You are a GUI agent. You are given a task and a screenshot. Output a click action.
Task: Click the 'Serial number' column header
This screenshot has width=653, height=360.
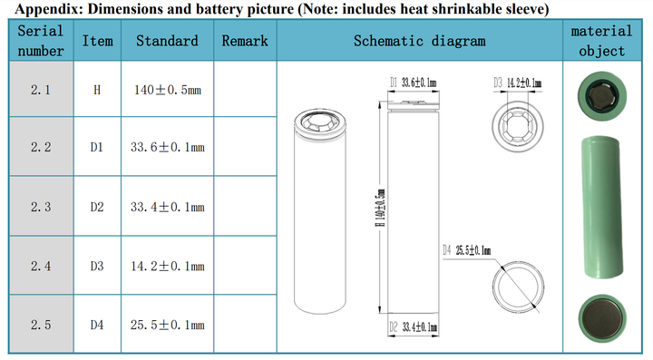coord(41,41)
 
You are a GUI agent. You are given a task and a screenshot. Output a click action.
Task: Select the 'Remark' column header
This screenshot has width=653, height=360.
coord(245,41)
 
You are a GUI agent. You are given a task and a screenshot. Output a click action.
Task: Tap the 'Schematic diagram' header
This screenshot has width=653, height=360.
coord(419,41)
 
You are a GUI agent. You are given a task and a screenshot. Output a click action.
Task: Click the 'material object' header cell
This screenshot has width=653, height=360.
coord(601,41)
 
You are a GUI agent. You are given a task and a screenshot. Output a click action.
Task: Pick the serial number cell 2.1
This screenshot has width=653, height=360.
coord(41,90)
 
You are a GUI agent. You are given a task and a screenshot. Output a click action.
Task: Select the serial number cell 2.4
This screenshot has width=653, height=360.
coord(41,266)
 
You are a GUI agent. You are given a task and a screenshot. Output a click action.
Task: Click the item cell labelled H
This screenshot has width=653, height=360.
coord(97,90)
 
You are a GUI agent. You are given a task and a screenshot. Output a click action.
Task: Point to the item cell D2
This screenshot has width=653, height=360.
coord(97,207)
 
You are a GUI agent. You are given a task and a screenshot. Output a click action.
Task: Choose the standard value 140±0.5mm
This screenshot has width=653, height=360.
coord(168,90)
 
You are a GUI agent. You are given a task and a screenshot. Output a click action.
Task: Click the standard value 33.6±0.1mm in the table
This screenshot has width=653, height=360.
coord(168,147)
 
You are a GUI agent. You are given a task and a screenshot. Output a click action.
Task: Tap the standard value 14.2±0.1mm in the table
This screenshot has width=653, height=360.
coord(168,266)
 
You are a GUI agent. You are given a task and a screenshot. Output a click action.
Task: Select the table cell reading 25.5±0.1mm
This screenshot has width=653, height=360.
coord(168,325)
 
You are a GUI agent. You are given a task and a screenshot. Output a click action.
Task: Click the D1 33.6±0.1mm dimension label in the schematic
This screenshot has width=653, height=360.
coord(414,83)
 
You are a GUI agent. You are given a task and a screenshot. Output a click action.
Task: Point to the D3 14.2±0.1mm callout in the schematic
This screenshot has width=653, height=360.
coord(518,83)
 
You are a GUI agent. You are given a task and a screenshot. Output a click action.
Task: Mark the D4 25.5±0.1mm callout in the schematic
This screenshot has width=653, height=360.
coord(466,250)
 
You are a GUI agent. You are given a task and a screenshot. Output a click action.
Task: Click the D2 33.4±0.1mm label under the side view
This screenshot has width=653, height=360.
coord(414,327)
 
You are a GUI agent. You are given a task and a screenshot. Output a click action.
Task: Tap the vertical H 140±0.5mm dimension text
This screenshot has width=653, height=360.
coord(381,208)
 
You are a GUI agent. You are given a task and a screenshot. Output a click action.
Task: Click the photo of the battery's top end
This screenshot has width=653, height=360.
coord(602,96)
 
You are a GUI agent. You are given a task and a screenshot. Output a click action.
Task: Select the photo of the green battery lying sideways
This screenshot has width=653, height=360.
coord(602,207)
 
